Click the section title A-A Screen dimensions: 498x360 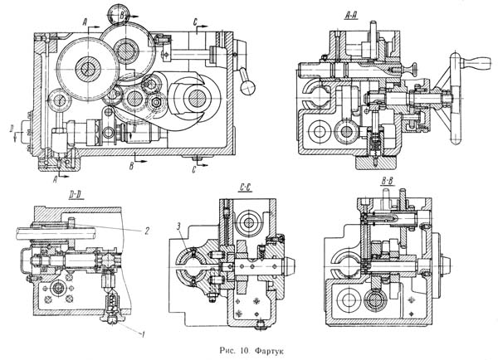click(351, 17)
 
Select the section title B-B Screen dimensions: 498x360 click(387, 182)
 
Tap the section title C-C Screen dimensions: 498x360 click(245, 188)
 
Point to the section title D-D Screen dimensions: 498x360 click(76, 196)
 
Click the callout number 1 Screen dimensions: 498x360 click(144, 334)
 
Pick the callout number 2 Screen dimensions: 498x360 click(146, 231)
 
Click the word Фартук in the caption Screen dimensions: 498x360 click(269, 351)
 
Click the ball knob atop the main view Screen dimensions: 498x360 click(117, 14)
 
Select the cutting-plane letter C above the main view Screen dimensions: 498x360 click(195, 22)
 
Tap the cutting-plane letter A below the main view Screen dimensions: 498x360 click(55, 180)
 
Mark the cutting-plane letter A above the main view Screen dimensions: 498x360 click(85, 22)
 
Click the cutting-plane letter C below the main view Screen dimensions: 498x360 click(194, 170)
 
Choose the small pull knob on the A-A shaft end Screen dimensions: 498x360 click(410, 69)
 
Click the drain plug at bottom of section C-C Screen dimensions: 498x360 click(260, 324)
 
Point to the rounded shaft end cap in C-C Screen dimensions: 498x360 click(290, 266)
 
